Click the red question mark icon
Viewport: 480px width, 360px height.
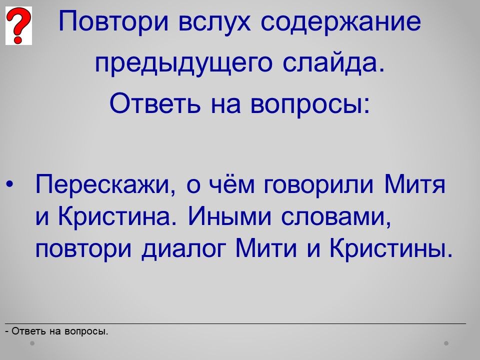[18, 26]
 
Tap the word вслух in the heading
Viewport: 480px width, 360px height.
[214, 21]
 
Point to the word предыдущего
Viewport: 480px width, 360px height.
[183, 64]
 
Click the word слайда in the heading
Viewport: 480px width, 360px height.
[332, 63]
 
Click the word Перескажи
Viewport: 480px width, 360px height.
[103, 185]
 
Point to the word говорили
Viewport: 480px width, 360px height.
[318, 185]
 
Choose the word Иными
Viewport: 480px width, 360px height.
[230, 216]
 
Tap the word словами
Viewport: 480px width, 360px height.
[336, 217]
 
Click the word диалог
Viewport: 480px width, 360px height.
[183, 248]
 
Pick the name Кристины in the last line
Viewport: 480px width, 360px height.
[390, 248]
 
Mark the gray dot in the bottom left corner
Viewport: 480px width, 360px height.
[32, 343]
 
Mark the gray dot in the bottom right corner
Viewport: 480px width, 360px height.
[446, 343]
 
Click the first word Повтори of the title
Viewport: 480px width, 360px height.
[113, 22]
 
